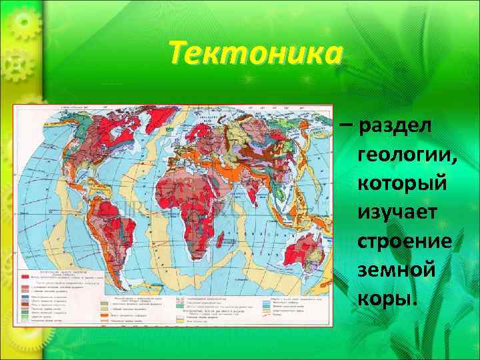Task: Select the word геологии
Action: click(x=407, y=155)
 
